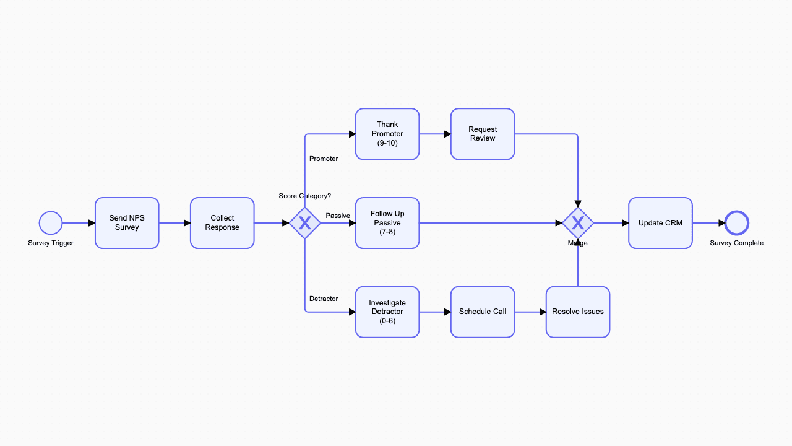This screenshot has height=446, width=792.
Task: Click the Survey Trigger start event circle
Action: pyautogui.click(x=51, y=223)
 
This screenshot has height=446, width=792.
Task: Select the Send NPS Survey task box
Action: pyautogui.click(x=127, y=223)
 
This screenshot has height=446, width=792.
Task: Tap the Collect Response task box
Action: pyautogui.click(x=222, y=223)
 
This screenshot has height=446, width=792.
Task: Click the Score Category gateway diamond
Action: pyautogui.click(x=305, y=223)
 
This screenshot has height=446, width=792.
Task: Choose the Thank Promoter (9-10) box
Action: pyautogui.click(x=387, y=134)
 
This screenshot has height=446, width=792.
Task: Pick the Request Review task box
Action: pyautogui.click(x=483, y=134)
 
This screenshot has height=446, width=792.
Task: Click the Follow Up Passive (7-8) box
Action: pyautogui.click(x=387, y=223)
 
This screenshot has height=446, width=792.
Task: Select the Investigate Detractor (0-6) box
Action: pyautogui.click(x=387, y=312)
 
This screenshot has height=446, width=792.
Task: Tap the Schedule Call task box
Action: pyautogui.click(x=483, y=312)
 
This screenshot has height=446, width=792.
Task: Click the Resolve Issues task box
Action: pyautogui.click(x=578, y=312)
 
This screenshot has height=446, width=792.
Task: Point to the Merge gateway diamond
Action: pyautogui.click(x=578, y=223)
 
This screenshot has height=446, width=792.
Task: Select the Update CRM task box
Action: pyautogui.click(x=660, y=223)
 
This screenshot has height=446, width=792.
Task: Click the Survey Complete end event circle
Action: pyautogui.click(x=737, y=223)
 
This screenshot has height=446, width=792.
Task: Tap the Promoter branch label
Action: pyautogui.click(x=324, y=159)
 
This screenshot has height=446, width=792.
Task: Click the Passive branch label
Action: pyautogui.click(x=338, y=216)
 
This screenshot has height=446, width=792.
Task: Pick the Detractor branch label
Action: pyautogui.click(x=324, y=299)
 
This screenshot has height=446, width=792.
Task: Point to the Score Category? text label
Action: pyautogui.click(x=305, y=196)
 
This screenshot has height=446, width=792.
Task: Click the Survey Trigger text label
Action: pyautogui.click(x=51, y=243)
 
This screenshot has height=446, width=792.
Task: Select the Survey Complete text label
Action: pyautogui.click(x=737, y=243)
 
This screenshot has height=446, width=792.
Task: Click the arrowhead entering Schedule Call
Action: pyautogui.click(x=447, y=312)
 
